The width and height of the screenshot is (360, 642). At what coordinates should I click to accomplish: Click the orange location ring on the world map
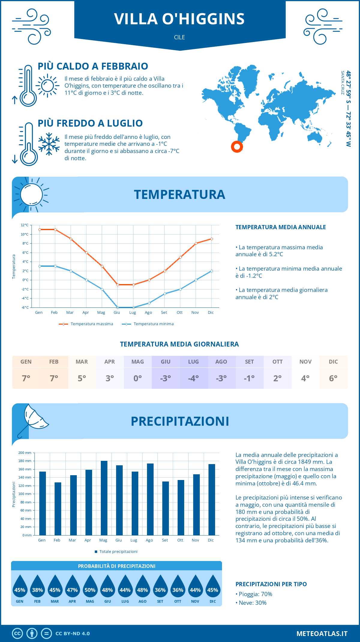[237, 147]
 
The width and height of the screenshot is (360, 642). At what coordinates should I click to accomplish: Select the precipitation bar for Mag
[104, 498]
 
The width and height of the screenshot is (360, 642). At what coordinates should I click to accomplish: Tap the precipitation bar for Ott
[181, 508]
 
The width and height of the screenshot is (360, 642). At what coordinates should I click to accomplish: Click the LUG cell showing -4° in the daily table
[193, 378]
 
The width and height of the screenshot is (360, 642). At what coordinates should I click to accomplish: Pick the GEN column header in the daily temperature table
[26, 362]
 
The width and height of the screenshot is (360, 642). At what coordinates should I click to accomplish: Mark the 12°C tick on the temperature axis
[25, 225]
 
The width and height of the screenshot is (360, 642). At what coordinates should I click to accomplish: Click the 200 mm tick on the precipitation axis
[25, 453]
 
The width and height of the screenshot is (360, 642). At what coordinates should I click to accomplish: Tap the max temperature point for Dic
[211, 239]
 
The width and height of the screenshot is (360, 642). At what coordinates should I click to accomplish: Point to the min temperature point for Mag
[102, 289]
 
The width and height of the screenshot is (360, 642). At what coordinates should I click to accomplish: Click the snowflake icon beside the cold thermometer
[49, 144]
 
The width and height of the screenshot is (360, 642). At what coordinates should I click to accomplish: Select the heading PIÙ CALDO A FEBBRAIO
[93, 66]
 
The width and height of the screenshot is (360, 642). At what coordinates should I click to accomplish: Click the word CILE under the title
[179, 37]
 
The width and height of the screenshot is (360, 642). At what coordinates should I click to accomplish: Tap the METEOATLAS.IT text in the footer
[322, 634]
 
